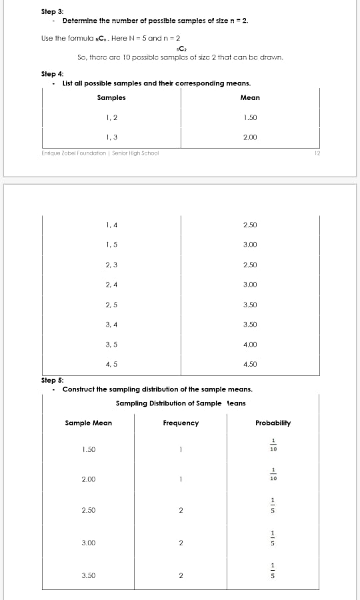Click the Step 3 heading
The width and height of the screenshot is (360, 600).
(x=52, y=11)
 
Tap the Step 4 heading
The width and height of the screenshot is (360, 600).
(x=52, y=74)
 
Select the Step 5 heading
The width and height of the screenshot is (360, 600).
(x=52, y=380)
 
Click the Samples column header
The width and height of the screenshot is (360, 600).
(x=111, y=98)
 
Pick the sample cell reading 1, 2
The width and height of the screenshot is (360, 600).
(x=111, y=118)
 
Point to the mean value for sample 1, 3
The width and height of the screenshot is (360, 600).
(x=250, y=137)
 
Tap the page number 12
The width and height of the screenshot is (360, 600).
(x=317, y=153)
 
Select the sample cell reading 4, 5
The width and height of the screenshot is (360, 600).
(x=111, y=365)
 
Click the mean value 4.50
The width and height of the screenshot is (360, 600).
(x=250, y=365)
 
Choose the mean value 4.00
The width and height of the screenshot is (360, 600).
(x=250, y=345)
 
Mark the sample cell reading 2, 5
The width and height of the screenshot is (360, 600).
(x=111, y=305)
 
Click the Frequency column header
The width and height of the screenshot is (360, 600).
(x=181, y=423)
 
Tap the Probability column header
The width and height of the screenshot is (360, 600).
(x=273, y=423)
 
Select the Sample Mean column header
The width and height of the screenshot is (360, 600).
(x=89, y=423)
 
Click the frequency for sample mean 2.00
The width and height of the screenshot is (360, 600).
(x=181, y=479)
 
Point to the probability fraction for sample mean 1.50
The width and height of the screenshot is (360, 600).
(x=273, y=445)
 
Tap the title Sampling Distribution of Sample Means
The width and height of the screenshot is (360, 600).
(x=181, y=403)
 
